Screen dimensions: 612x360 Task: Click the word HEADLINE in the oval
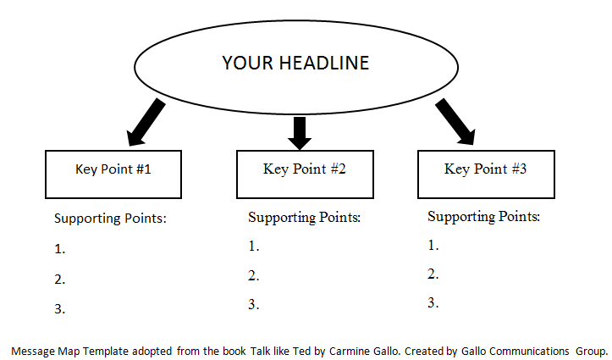click(324, 63)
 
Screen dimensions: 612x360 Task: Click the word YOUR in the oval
click(247, 63)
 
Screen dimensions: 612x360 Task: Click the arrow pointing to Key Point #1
click(146, 122)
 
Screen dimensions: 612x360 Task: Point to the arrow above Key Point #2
click(300, 133)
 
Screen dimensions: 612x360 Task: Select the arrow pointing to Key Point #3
click(455, 121)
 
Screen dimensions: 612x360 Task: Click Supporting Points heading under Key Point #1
click(110, 219)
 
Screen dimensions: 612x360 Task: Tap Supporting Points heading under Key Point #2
click(304, 218)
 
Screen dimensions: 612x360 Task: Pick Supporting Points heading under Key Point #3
click(483, 217)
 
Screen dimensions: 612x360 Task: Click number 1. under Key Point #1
click(60, 249)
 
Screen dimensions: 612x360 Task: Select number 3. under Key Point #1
click(60, 309)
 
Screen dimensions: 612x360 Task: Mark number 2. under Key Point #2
click(254, 276)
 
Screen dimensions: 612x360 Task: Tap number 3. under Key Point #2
click(254, 305)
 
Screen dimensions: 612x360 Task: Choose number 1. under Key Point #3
click(433, 245)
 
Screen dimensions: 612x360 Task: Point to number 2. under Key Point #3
click(433, 274)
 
